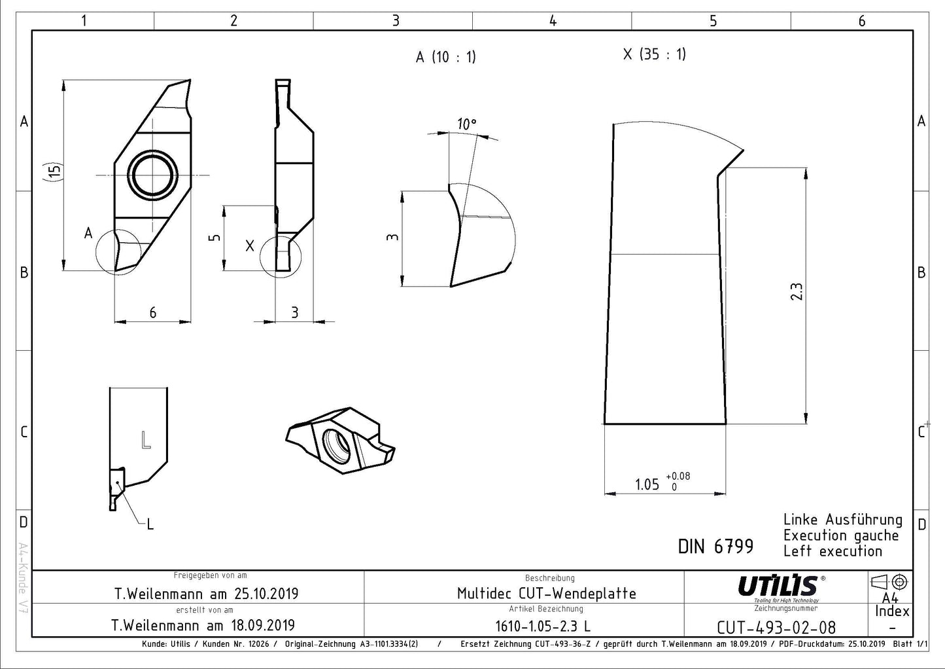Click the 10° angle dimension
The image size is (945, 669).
coord(466,124)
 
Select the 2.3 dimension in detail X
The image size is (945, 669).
coord(796,291)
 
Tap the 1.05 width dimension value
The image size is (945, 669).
coord(647,484)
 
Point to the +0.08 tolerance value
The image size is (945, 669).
coord(678,477)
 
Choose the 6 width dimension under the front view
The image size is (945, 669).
coord(153,312)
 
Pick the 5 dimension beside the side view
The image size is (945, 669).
coord(215,238)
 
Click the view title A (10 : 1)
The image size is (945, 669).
coord(445,56)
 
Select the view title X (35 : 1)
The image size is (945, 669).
coord(655,54)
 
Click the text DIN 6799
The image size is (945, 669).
coord(715,547)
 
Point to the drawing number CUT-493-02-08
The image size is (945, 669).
coord(776,628)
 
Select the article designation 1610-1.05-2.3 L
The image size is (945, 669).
coord(543,626)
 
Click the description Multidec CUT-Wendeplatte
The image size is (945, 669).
coord(546,594)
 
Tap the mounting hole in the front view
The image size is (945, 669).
coord(152,174)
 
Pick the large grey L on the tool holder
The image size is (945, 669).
coord(146,440)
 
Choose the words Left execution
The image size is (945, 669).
coord(833,551)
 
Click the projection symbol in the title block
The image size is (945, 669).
coord(889,582)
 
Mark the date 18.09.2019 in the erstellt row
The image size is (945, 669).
coord(263,625)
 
